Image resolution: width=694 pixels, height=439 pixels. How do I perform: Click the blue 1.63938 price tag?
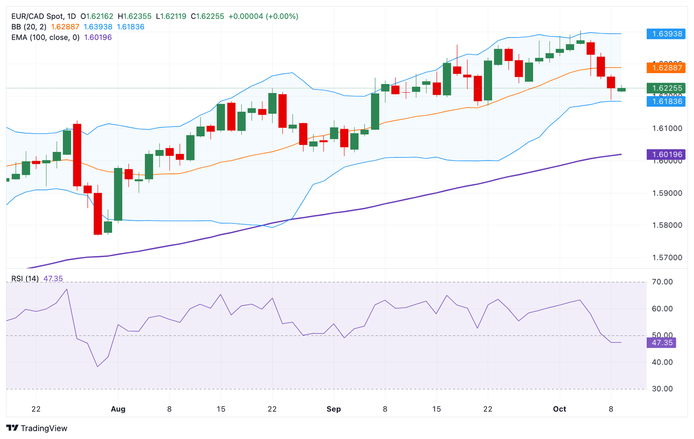pyautogui.click(x=666, y=34)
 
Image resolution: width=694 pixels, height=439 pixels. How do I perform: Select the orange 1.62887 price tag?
pyautogui.click(x=666, y=68)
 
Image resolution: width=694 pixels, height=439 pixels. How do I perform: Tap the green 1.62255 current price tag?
pyautogui.click(x=666, y=88)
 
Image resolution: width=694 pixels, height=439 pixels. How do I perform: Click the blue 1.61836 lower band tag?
pyautogui.click(x=666, y=101)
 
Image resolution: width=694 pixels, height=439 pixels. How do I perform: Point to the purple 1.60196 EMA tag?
pyautogui.click(x=666, y=154)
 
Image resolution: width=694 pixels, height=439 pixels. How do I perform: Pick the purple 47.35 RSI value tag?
pyautogui.click(x=662, y=342)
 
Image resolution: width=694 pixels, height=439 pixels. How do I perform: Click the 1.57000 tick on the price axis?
pyautogui.click(x=667, y=258)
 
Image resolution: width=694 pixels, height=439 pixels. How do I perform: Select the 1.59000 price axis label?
pyautogui.click(x=667, y=193)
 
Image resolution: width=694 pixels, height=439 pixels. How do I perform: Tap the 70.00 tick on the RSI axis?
pyautogui.click(x=662, y=282)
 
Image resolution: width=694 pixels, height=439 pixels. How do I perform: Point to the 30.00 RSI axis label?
pyautogui.click(x=662, y=389)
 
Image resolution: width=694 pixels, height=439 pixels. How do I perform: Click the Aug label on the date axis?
pyautogui.click(x=118, y=409)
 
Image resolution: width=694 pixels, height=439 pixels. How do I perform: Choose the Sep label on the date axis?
pyautogui.click(x=333, y=409)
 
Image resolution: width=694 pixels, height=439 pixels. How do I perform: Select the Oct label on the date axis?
pyautogui.click(x=559, y=409)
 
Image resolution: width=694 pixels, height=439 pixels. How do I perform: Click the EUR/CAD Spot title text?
pyautogui.click(x=38, y=16)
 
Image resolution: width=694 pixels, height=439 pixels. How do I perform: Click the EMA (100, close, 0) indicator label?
pyautogui.click(x=45, y=37)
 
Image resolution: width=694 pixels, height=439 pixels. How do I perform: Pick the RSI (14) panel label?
pyautogui.click(x=25, y=279)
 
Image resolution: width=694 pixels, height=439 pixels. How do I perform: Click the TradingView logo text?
pyautogui.click(x=44, y=428)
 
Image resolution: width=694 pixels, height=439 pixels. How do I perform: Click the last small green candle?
pyautogui.click(x=621, y=89)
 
